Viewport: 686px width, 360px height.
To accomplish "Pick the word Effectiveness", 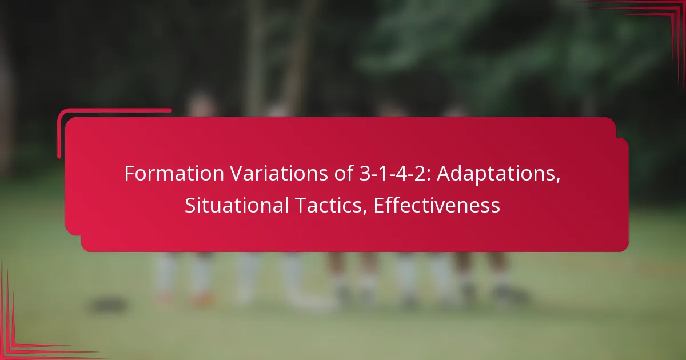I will (x=437, y=206).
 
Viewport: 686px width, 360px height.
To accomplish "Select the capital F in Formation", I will (x=129, y=174).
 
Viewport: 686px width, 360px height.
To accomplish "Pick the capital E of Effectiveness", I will (x=378, y=206).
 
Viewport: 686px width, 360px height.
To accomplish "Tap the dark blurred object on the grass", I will (x=109, y=305).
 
